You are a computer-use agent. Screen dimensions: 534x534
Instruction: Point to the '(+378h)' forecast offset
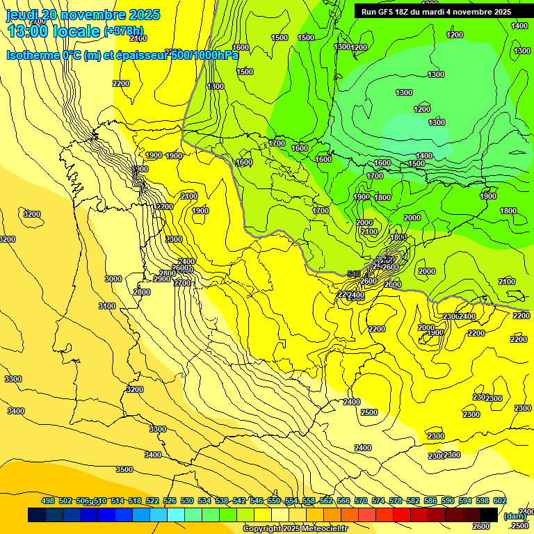click(123, 31)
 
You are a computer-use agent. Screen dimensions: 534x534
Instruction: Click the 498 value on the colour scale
click(48, 501)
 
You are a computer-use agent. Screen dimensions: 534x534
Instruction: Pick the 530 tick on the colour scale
click(187, 501)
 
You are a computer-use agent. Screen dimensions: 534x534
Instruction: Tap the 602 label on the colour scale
click(500, 501)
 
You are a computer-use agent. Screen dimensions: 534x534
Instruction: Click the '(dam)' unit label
click(515, 517)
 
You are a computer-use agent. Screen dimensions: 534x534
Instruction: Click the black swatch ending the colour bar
click(489, 515)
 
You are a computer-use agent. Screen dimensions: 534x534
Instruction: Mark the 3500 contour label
click(124, 470)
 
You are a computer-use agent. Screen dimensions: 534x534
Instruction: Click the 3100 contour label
click(107, 306)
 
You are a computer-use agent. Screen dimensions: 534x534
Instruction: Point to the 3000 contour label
click(113, 279)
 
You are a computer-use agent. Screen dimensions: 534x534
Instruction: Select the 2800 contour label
click(141, 292)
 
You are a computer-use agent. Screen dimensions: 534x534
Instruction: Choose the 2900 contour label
click(161, 279)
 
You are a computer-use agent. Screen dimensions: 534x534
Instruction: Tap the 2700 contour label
click(181, 283)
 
